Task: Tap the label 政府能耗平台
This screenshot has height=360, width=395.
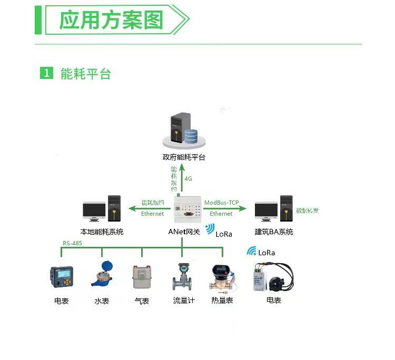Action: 184,157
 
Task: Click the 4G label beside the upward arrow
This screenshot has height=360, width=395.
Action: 188,179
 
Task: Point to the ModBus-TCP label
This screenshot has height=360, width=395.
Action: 221,203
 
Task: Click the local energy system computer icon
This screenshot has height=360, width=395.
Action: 102,209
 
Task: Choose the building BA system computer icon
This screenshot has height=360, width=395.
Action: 273,209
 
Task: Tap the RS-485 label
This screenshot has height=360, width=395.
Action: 73,243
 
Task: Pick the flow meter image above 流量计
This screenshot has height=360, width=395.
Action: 184,276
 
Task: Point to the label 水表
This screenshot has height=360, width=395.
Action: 102,302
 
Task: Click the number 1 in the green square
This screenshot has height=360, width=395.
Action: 47,74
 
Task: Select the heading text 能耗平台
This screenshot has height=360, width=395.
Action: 85,74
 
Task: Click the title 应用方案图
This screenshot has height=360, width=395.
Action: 111,20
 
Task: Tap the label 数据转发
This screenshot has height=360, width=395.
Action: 308,211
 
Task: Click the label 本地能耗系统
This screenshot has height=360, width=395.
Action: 102,232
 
